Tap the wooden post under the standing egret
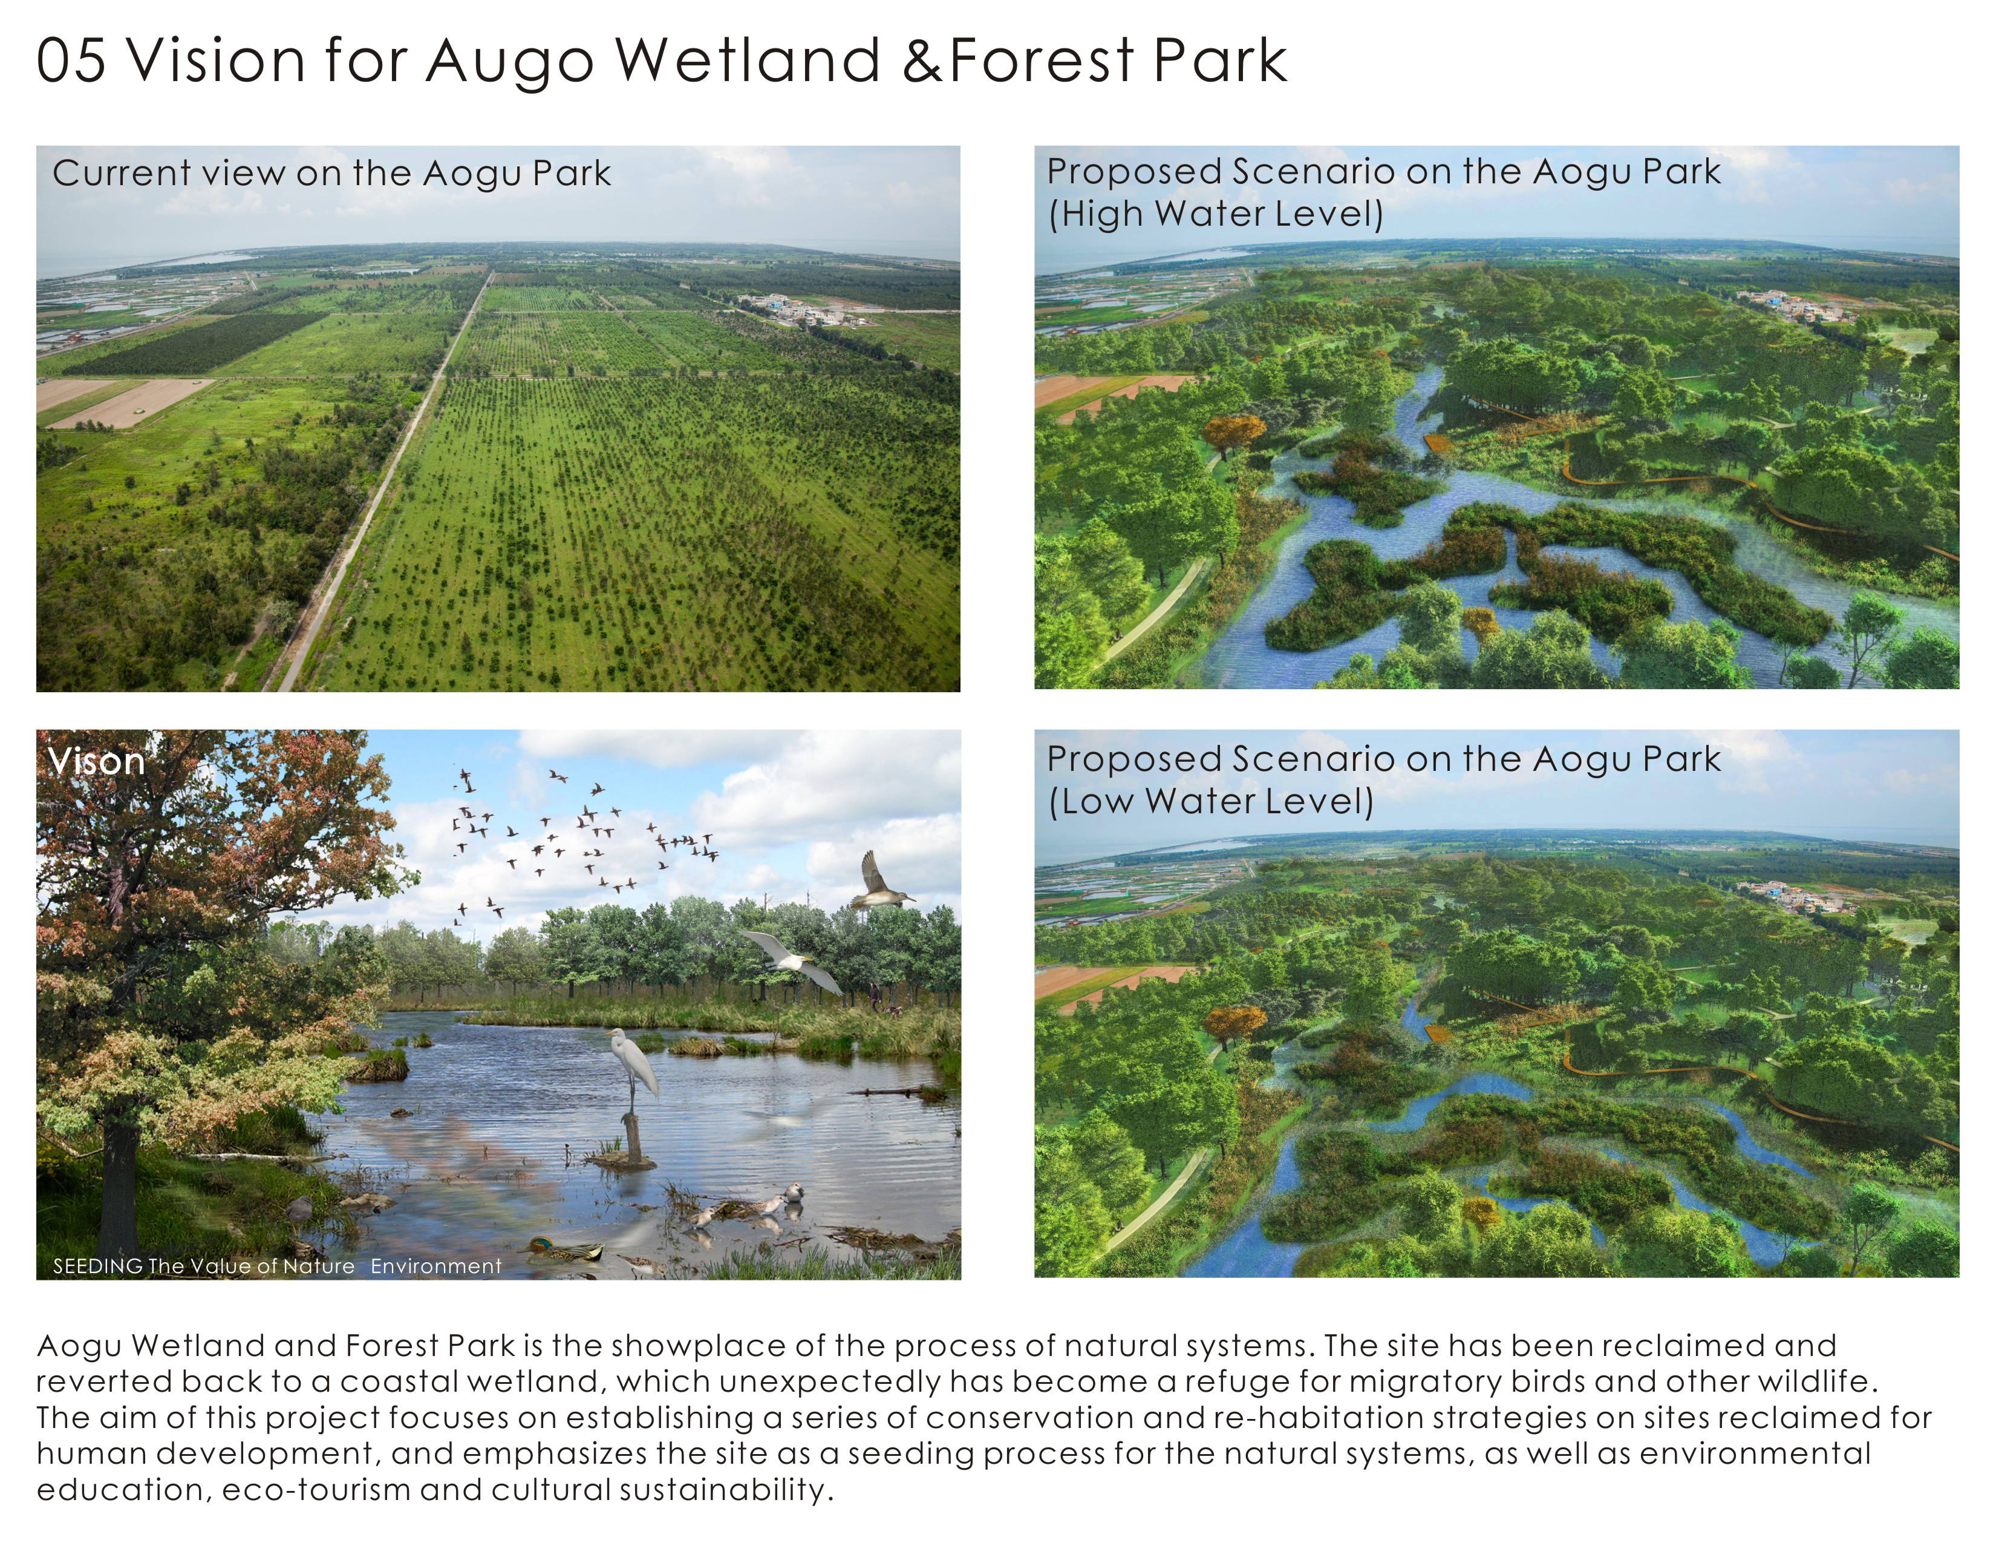630,1138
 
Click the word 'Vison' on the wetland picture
96,761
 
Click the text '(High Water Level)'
1216,214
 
